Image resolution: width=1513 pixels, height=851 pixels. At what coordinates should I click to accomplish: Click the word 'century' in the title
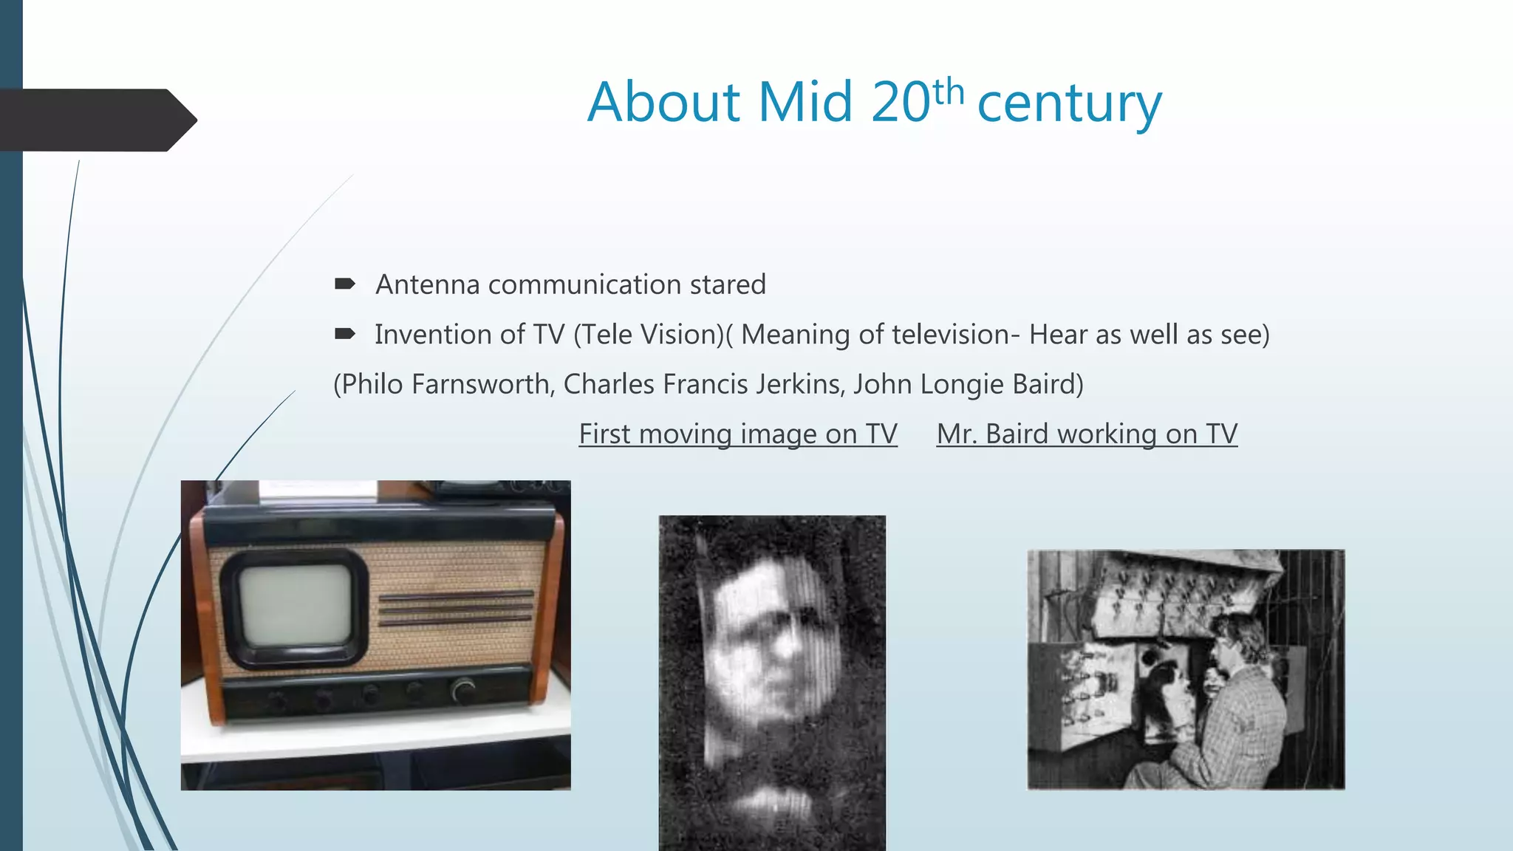click(x=1069, y=103)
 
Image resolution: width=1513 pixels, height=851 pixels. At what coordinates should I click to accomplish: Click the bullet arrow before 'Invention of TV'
click(x=344, y=334)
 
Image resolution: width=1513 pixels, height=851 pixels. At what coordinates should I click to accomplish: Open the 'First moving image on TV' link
click(x=737, y=434)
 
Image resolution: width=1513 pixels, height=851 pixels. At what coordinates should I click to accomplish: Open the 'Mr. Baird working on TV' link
click(x=1087, y=434)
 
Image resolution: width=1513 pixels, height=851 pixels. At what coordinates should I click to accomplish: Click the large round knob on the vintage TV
click(x=463, y=691)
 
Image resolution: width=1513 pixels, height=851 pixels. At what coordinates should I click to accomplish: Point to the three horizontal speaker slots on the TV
click(x=456, y=607)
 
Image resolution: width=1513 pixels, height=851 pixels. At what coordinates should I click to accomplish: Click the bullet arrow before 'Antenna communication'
click(x=344, y=284)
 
